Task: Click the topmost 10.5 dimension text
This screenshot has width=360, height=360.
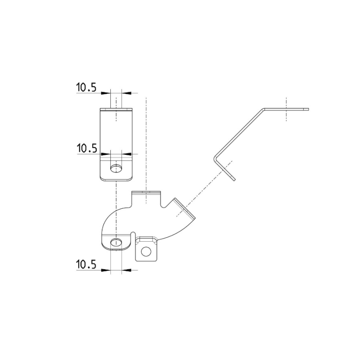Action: [x=86, y=88]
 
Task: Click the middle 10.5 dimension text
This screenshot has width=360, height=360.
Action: [x=87, y=148]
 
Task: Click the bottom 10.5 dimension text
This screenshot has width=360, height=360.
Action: [x=86, y=265]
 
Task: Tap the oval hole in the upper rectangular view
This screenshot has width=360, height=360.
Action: [x=116, y=168]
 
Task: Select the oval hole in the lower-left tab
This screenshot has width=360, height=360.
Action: [x=116, y=243]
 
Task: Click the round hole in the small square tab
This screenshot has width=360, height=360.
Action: [x=146, y=252]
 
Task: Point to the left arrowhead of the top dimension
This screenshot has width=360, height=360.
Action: [x=106, y=93]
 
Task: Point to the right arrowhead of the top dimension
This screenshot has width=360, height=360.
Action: [x=126, y=93]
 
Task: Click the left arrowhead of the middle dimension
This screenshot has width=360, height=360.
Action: [x=106, y=154]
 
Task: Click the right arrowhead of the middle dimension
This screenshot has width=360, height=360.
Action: [x=126, y=154]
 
